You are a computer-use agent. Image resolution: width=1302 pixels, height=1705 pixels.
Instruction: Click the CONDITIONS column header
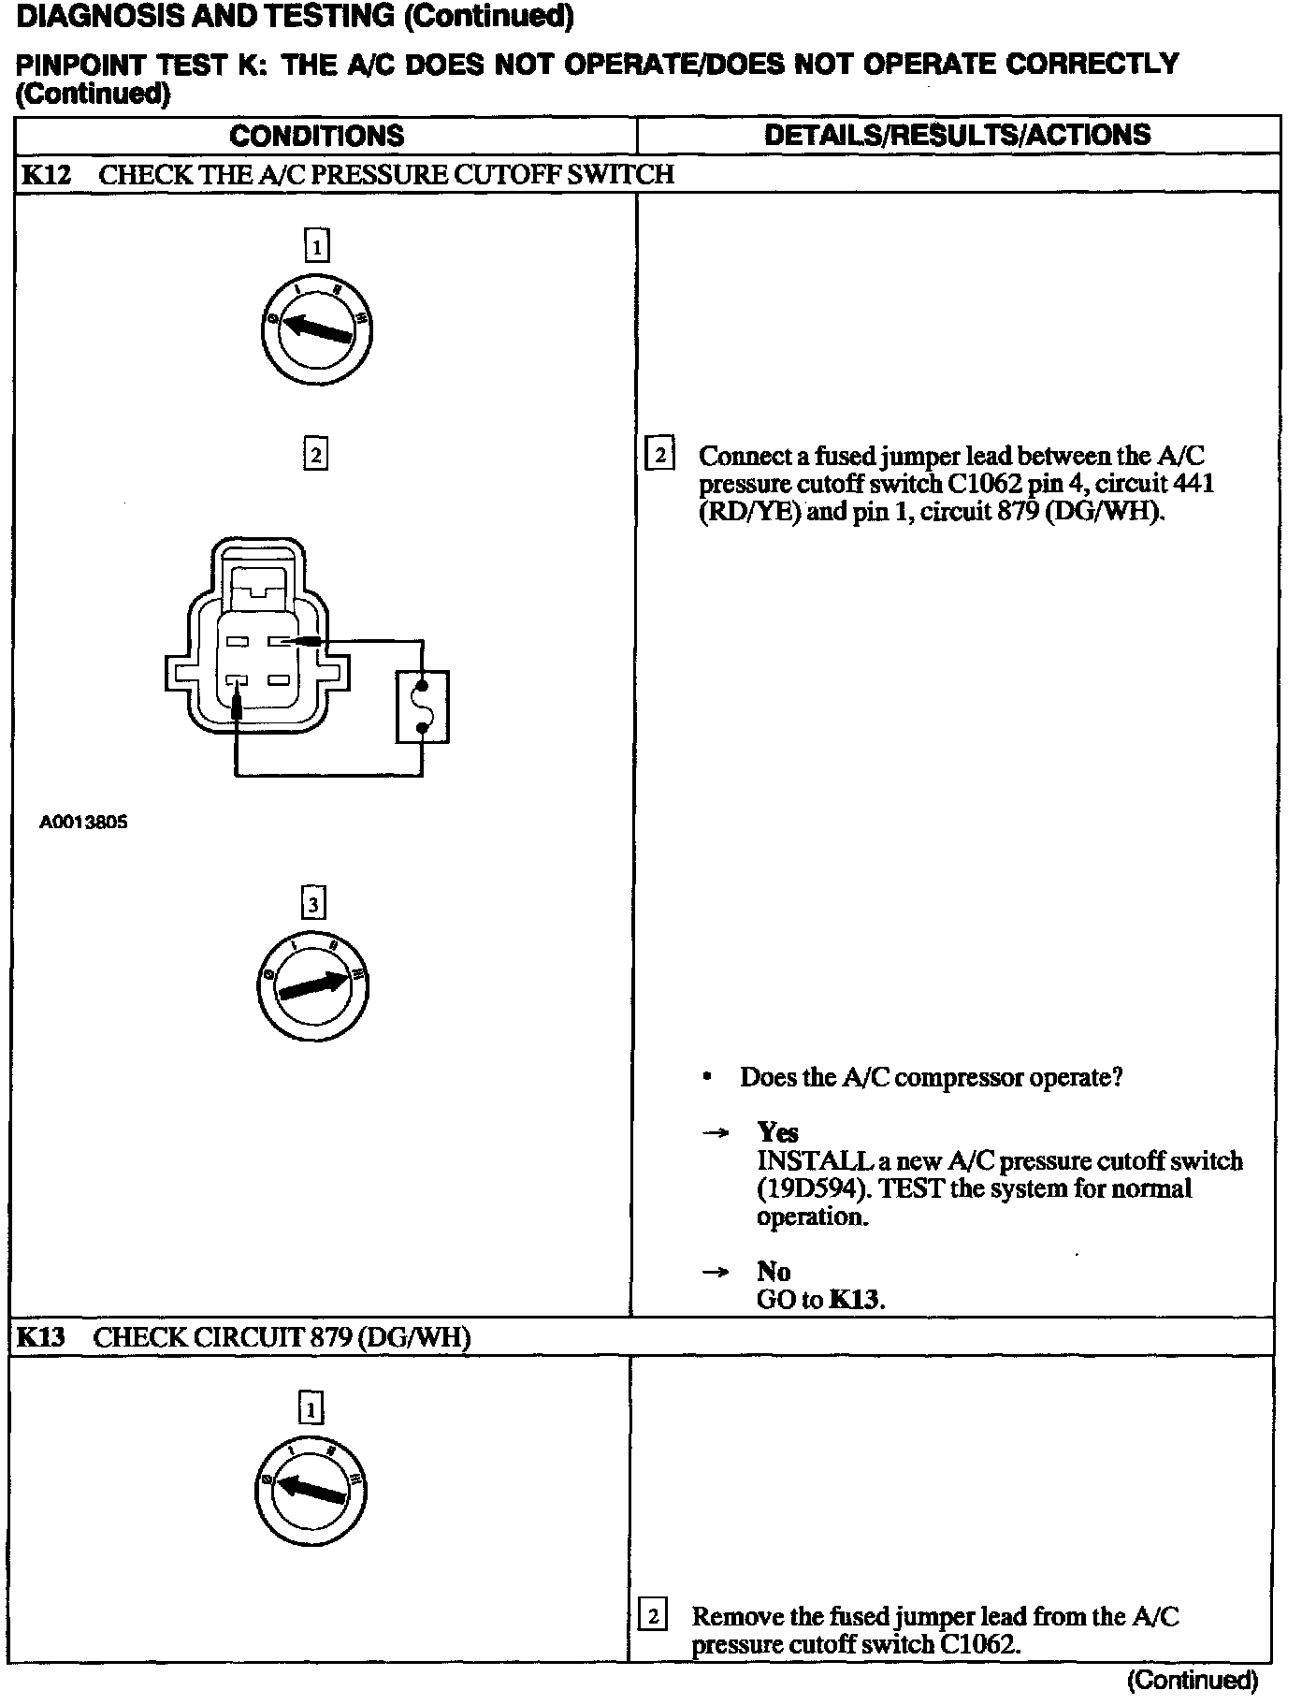316,136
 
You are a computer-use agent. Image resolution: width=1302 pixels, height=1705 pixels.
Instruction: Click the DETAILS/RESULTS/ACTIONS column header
957,135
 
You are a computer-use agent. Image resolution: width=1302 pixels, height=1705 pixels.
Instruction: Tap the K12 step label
46,175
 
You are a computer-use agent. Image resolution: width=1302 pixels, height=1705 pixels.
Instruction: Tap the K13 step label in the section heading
42,1337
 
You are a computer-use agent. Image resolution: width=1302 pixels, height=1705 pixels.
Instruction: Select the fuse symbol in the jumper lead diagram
423,707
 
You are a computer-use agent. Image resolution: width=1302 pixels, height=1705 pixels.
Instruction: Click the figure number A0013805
83,823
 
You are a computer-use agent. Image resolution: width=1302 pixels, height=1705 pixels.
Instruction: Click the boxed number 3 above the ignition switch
313,904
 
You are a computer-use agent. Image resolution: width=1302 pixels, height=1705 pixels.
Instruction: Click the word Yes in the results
777,1133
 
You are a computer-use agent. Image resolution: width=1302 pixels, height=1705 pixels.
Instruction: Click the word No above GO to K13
774,1272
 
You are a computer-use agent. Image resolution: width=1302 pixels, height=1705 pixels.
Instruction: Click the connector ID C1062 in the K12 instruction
983,485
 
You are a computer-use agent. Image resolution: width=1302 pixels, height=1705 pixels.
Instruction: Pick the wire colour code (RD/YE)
750,513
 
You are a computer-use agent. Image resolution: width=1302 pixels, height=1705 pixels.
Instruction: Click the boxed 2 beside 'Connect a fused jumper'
659,456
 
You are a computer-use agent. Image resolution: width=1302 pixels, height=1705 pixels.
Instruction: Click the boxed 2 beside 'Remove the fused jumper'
652,1616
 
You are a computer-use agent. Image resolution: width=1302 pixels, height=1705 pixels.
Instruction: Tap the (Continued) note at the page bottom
1192,1681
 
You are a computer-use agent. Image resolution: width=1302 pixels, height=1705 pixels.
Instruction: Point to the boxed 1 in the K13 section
311,1409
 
